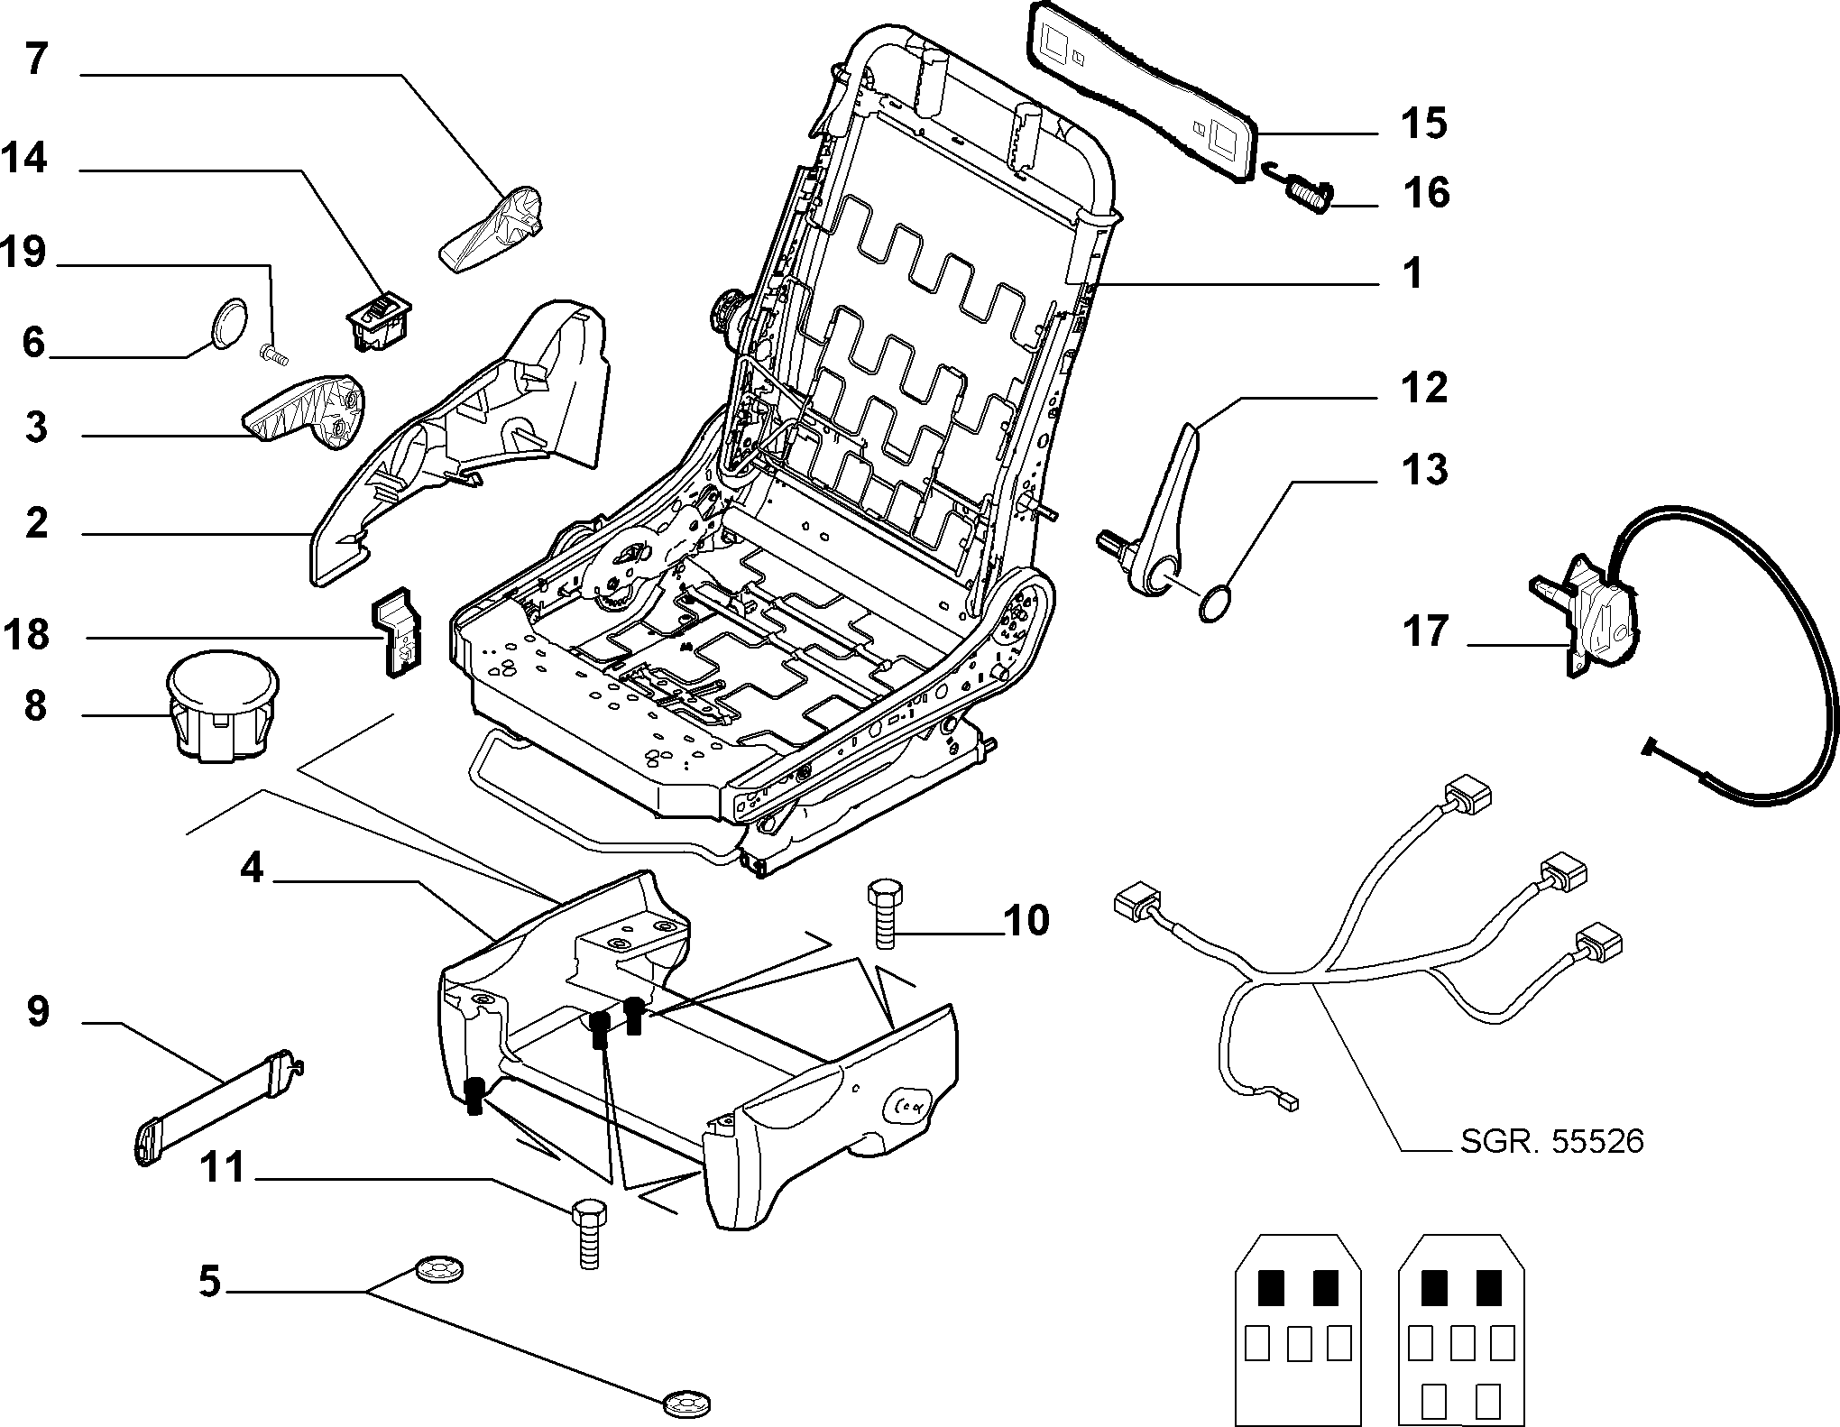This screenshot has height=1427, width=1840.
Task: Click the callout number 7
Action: coord(36,59)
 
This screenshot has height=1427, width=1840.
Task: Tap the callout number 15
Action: coord(1424,123)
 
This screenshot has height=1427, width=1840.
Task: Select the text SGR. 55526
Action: coord(1552,1142)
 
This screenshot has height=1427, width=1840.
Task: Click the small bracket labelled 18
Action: coord(397,631)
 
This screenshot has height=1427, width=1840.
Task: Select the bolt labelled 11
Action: coord(587,1235)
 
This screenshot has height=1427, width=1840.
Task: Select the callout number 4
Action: coord(252,868)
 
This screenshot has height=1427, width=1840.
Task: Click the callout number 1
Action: coord(1412,273)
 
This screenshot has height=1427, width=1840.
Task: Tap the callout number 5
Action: coord(209,1281)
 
